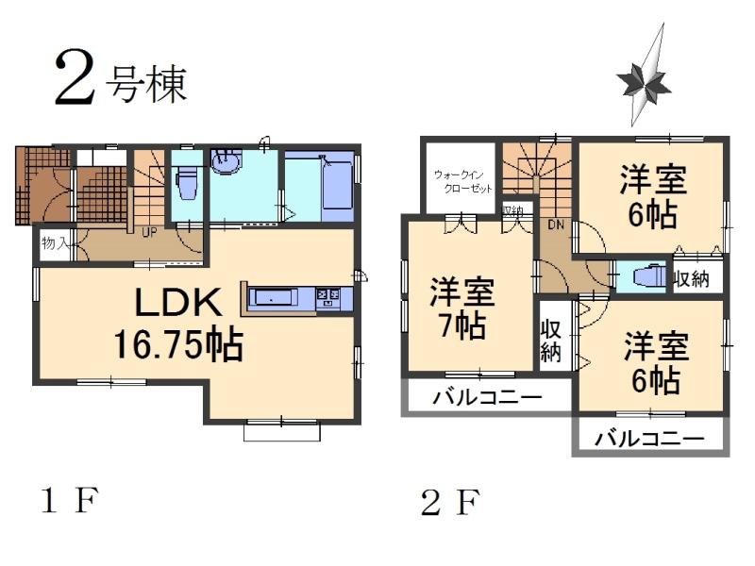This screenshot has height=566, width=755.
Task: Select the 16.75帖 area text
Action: tap(178, 345)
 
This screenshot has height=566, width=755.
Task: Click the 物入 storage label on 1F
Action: tap(54, 243)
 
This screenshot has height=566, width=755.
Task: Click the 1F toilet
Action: tap(187, 183)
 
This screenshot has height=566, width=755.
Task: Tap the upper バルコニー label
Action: tap(487, 398)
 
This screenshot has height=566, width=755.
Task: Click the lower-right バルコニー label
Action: tap(651, 439)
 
